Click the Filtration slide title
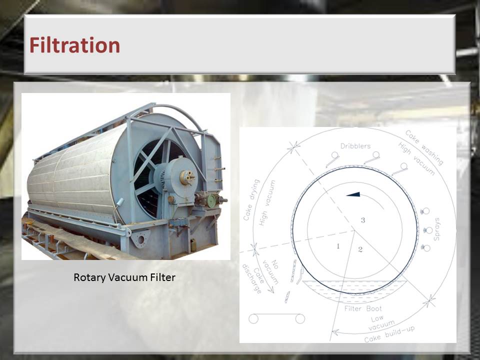pyautogui.click(x=74, y=45)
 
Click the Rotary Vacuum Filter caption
pyautogui.click(x=124, y=277)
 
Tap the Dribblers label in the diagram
pyautogui.click(x=355, y=146)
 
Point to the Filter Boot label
pyautogui.click(x=363, y=308)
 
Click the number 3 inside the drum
pyautogui.click(x=363, y=220)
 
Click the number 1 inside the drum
pyautogui.click(x=338, y=246)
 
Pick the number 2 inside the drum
pyautogui.click(x=360, y=249)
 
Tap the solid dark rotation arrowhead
pyautogui.click(x=353, y=194)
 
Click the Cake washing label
pyautogui.click(x=424, y=147)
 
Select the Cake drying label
pyautogui.click(x=251, y=200)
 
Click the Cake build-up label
pyautogui.click(x=389, y=334)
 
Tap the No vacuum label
pyautogui.click(x=270, y=272)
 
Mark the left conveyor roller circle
pyautogui.click(x=253, y=319)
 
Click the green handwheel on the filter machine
pyautogui.click(x=211, y=200)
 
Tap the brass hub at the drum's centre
pyautogui.click(x=186, y=177)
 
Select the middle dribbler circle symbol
pyautogui.click(x=376, y=155)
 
